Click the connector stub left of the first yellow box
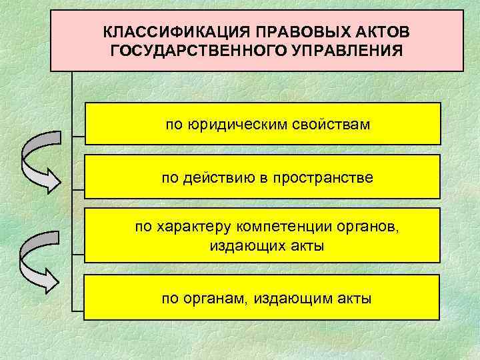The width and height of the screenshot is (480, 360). [79, 139]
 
